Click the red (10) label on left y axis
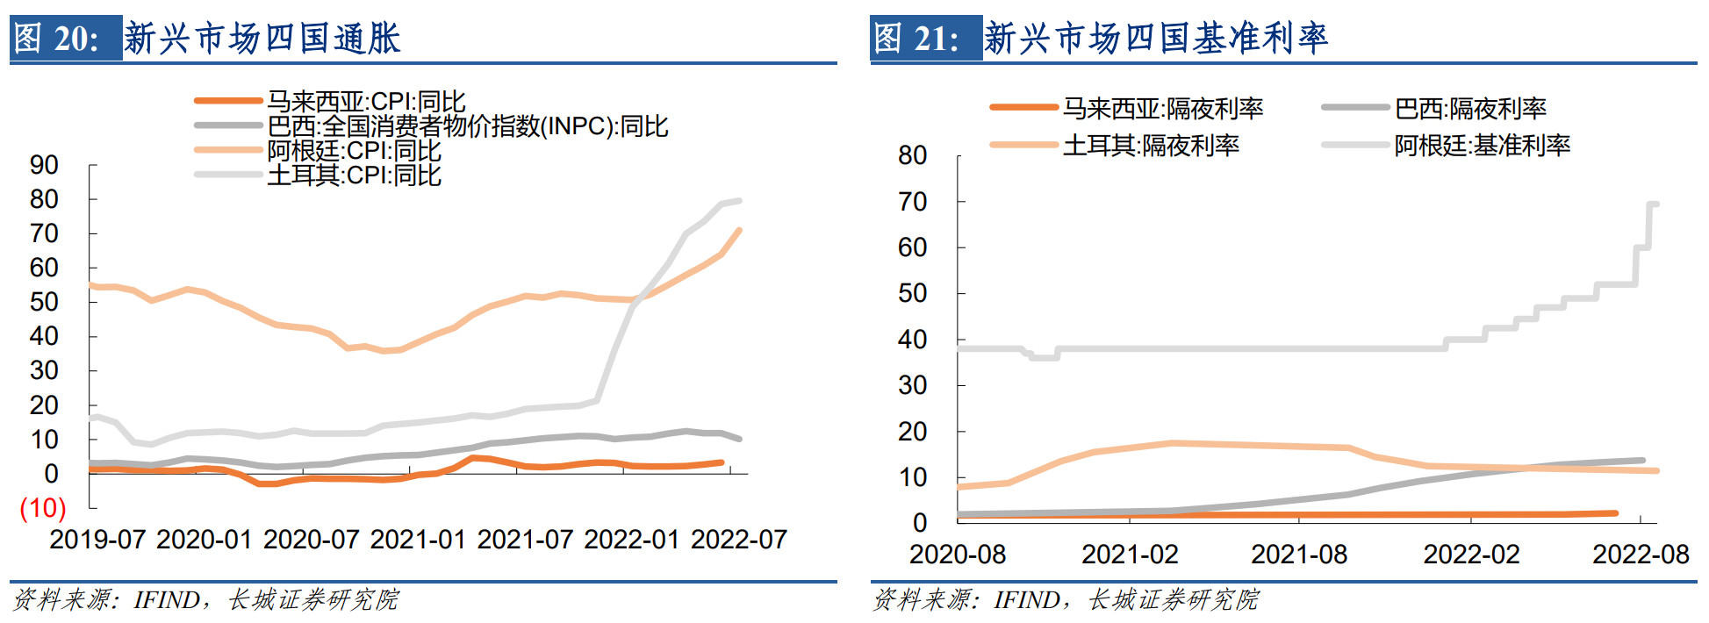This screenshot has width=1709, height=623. click(x=43, y=508)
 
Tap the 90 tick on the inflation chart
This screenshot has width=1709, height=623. click(x=44, y=165)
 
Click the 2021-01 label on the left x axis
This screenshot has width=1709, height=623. click(x=418, y=540)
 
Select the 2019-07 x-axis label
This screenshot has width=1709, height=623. click(x=97, y=540)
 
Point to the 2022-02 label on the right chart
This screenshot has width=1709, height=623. click(x=1471, y=555)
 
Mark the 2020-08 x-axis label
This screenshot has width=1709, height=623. click(x=958, y=555)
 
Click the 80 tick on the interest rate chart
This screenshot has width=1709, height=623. click(x=913, y=156)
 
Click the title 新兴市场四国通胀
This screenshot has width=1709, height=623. click(x=262, y=39)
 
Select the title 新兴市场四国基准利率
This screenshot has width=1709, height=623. click(x=1156, y=39)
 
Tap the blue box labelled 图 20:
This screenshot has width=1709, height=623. click(x=66, y=39)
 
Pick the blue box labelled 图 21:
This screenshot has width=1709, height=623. click(x=926, y=39)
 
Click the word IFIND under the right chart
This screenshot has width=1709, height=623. click(x=1025, y=600)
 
